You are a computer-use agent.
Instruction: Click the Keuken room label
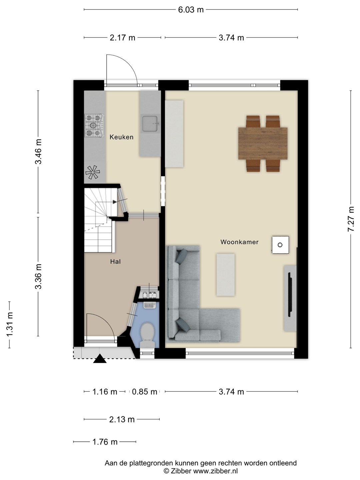point(121,137)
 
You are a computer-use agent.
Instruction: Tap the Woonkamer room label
point(239,242)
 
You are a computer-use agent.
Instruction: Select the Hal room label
point(115,262)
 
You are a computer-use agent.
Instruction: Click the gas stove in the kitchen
point(94,126)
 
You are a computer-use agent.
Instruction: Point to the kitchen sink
point(150,124)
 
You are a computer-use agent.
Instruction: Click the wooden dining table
point(263,143)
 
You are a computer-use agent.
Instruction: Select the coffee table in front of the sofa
point(226,275)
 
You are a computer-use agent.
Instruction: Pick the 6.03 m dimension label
point(191,10)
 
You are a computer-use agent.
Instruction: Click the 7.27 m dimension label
point(351,219)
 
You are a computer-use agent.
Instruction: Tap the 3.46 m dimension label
point(38,151)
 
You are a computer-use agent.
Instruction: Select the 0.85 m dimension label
point(144,392)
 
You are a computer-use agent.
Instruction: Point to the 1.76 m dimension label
point(105,442)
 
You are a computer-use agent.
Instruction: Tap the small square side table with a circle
point(280,245)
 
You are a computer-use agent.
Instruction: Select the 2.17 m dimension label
point(122,38)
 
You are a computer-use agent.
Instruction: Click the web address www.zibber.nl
point(215,471)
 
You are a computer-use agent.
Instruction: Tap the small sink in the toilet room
point(150,305)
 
